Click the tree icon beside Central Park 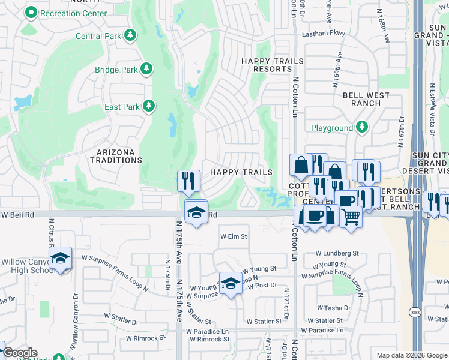pos(130,36)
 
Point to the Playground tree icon pos(361,128)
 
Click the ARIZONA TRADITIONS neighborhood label pos(116,155)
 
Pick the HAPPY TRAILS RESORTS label pos(266,65)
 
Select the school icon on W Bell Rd pos(196,212)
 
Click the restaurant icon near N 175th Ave pos(188,180)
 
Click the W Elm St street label pos(234,236)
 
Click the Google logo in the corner pos(20,353)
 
